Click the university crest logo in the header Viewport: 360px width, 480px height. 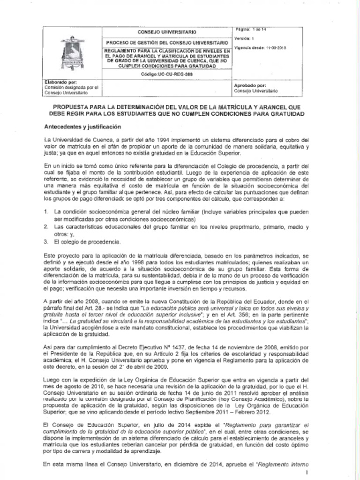pos(73,52)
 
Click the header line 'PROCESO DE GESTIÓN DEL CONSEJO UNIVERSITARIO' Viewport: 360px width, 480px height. pos(166,42)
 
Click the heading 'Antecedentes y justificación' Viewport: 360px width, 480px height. pos(82,127)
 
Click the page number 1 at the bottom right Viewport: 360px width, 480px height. pos(306,472)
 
